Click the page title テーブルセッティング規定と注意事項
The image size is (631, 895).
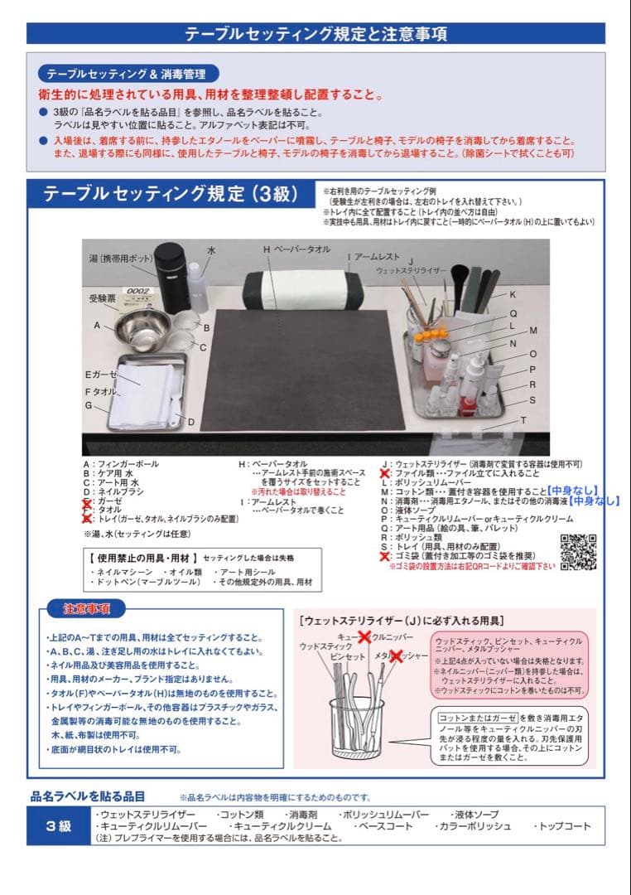click(x=315, y=34)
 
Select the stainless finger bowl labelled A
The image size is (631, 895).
click(x=142, y=327)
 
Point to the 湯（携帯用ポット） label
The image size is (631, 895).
click(x=123, y=259)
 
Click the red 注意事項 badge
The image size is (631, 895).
click(x=82, y=609)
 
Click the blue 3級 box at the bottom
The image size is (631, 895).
click(x=58, y=826)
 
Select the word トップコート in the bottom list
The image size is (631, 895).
click(x=563, y=826)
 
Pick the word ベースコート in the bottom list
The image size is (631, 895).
click(x=383, y=826)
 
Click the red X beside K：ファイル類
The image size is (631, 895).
click(x=385, y=473)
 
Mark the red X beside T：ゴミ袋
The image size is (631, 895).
click(x=385, y=556)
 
